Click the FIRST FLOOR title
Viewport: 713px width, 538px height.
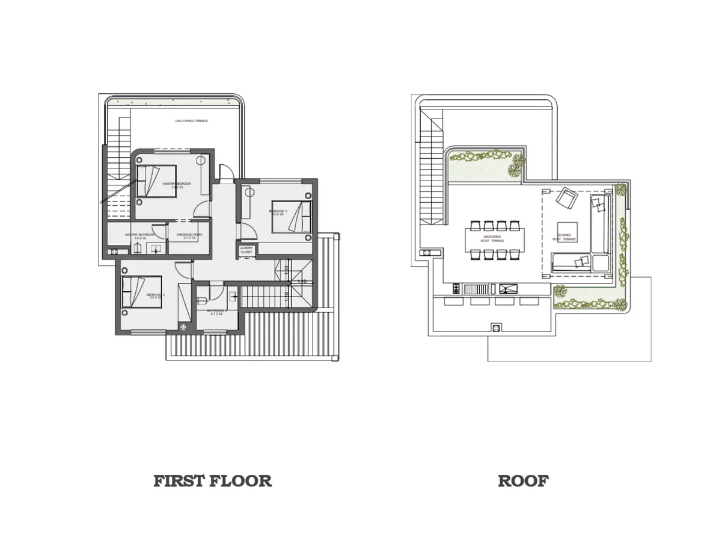tap(212, 481)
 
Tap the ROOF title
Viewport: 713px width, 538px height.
tap(522, 481)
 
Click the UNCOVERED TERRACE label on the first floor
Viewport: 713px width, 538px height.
tap(191, 121)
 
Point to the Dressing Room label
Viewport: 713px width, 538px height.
tap(189, 235)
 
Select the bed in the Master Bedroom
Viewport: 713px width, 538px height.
tap(156, 181)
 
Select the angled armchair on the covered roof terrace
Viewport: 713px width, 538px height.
tap(566, 197)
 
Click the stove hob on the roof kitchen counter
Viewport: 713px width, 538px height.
tap(456, 288)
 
